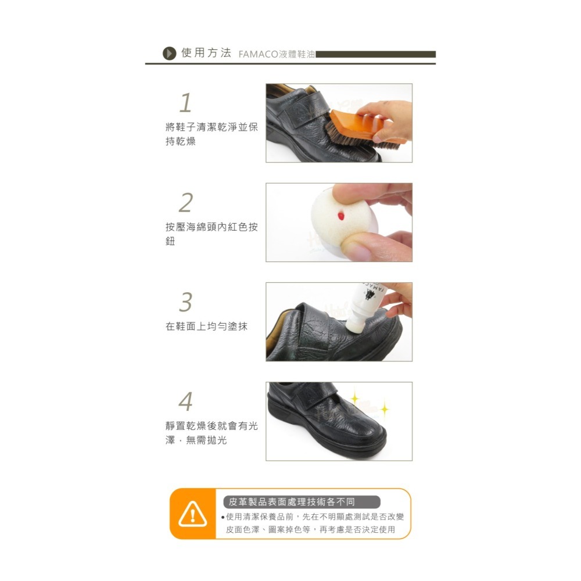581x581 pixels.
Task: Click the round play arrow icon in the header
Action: [x=169, y=53]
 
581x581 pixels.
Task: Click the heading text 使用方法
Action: [x=206, y=53]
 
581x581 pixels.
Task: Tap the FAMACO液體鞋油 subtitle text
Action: [x=277, y=54]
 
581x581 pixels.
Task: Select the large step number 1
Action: [x=185, y=103]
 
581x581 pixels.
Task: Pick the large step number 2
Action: [x=186, y=202]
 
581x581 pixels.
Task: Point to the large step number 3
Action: [x=186, y=302]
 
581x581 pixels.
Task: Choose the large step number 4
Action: [x=186, y=401]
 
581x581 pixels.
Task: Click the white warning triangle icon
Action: [x=193, y=514]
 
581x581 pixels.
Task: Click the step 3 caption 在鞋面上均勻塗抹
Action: [x=206, y=327]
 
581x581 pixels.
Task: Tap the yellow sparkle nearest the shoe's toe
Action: [x=385, y=409]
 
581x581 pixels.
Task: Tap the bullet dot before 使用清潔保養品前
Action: [x=223, y=517]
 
